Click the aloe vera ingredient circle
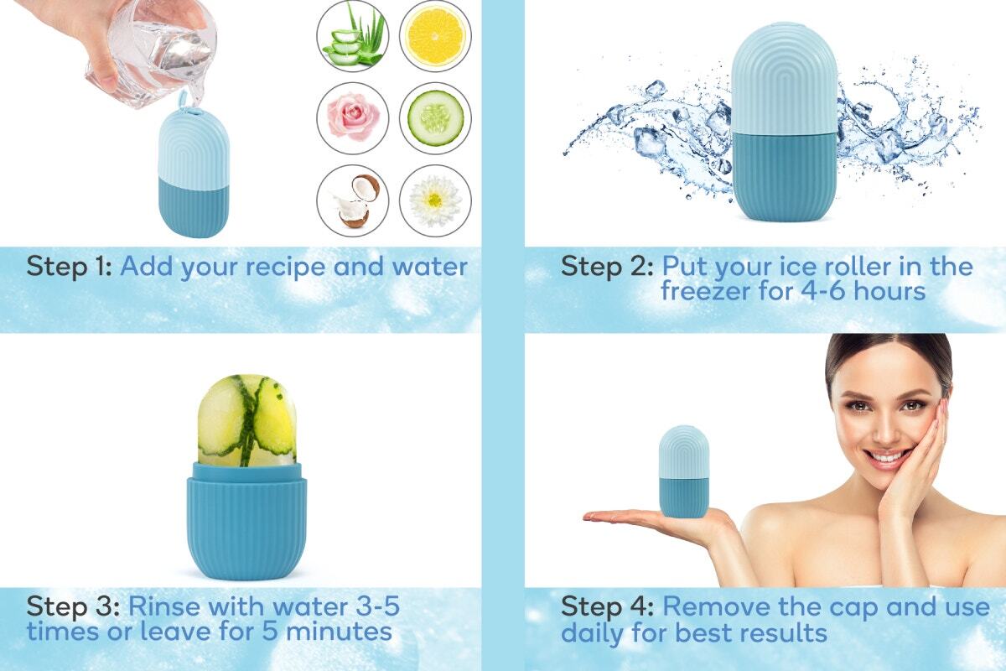(x=353, y=35)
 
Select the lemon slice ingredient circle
(x=435, y=35)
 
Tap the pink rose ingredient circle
(x=353, y=118)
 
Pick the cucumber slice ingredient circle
(x=435, y=118)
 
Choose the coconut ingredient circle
(x=353, y=200)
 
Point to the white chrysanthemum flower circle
(x=435, y=200)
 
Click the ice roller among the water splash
(x=784, y=122)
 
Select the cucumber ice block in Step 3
(x=246, y=420)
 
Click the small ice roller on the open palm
(x=683, y=471)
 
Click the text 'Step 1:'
(x=69, y=267)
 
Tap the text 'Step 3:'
(x=73, y=606)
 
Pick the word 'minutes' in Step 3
(x=339, y=631)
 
